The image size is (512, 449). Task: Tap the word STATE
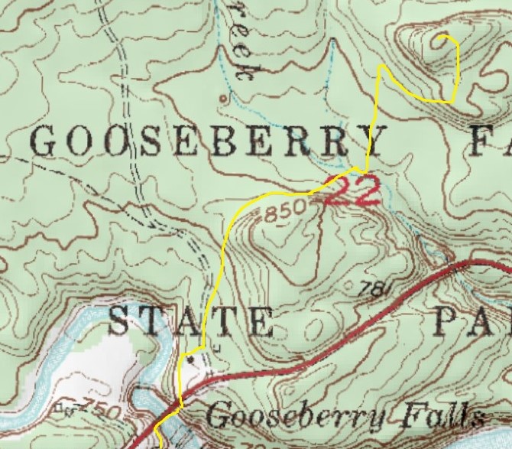point(190,321)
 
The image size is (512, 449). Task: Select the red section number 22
point(352,192)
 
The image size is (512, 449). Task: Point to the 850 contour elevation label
point(284,210)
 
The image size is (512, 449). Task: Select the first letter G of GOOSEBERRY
point(47,142)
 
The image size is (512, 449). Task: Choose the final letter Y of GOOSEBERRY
point(378,142)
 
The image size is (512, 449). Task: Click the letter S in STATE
point(120,321)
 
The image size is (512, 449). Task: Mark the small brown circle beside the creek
point(222,98)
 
